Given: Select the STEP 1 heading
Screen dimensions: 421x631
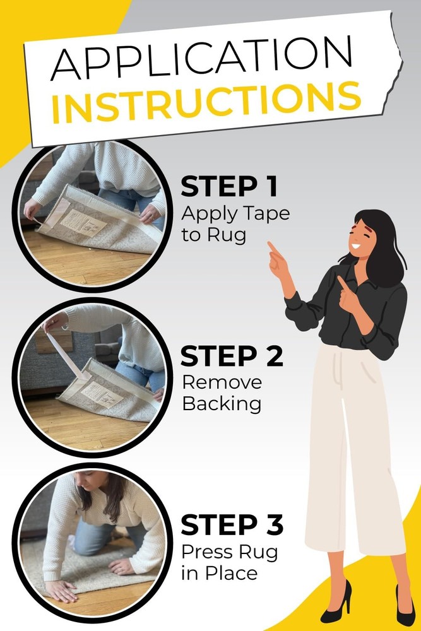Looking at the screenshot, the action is pyautogui.click(x=229, y=187).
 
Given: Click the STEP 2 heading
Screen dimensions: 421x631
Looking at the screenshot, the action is pyautogui.click(x=232, y=356).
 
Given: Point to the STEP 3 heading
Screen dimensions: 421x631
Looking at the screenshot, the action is pyautogui.click(x=232, y=525).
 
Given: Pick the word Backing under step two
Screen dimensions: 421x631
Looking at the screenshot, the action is pyautogui.click(x=222, y=404).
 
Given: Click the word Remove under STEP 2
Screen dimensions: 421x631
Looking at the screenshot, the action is pyautogui.click(x=222, y=382).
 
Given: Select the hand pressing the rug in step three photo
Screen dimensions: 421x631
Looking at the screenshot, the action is pyautogui.click(x=61, y=589).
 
